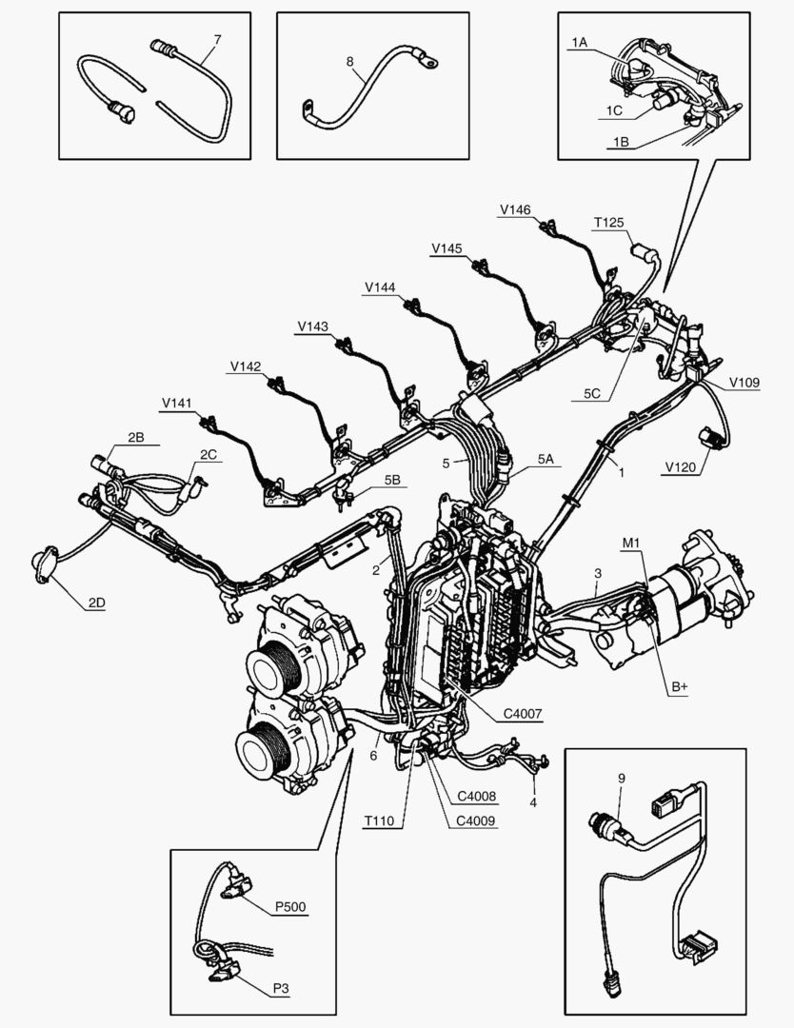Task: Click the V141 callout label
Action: click(177, 404)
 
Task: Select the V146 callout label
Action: click(516, 209)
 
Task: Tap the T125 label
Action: click(608, 223)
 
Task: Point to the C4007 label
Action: click(525, 713)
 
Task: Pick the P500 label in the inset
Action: click(290, 906)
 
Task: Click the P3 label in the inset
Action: click(280, 989)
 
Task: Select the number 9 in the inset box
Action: click(622, 778)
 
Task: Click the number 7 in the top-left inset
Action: click(217, 39)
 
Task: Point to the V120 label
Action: click(681, 467)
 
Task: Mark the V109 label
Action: click(744, 384)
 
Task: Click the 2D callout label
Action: click(97, 603)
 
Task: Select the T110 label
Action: click(381, 820)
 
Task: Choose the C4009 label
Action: click(475, 820)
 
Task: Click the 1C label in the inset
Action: click(614, 111)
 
